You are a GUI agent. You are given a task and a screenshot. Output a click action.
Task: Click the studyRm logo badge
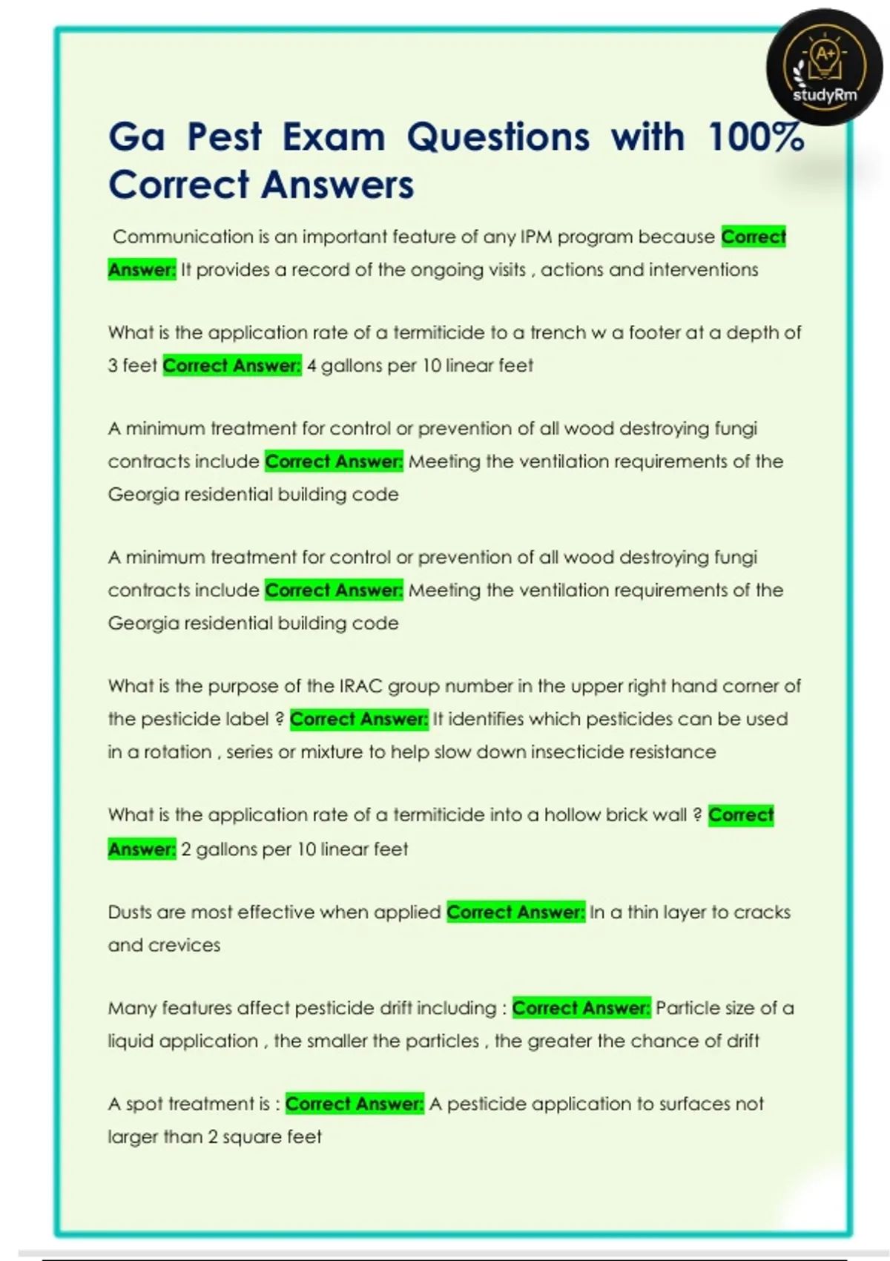click(x=824, y=67)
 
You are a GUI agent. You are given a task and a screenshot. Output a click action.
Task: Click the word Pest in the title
click(x=224, y=137)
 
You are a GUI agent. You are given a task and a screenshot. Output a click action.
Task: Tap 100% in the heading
click(x=756, y=137)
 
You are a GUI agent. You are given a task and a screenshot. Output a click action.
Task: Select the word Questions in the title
click(x=498, y=137)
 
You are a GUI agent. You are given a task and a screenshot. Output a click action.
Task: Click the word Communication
click(x=183, y=237)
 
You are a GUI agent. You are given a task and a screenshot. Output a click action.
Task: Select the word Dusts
click(x=129, y=912)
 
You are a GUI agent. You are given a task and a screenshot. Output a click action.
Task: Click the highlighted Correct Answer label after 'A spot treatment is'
click(x=355, y=1104)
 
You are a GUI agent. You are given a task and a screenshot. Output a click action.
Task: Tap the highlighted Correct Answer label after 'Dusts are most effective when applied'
click(x=515, y=912)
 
